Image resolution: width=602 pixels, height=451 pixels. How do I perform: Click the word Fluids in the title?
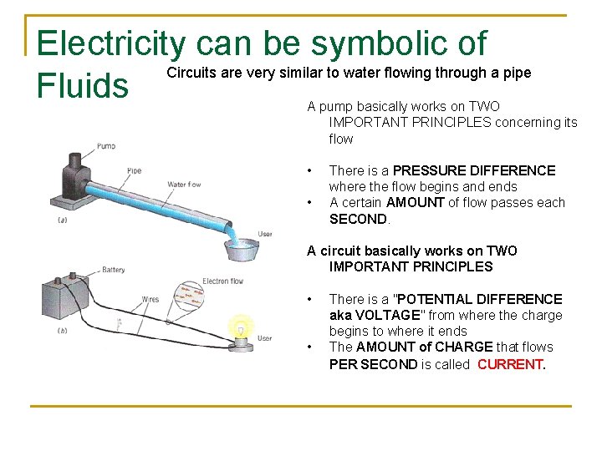83,84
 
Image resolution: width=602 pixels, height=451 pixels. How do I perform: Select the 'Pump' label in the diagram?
106,145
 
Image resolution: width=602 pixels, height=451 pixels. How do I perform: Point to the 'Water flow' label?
185,185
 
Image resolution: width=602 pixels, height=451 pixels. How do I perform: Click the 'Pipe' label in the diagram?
134,170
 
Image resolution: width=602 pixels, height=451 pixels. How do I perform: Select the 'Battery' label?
113,270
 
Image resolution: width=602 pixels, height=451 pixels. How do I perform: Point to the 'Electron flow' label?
223,281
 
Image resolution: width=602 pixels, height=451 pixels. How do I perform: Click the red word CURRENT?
510,364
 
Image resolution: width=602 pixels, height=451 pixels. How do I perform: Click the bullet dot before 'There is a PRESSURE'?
310,170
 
